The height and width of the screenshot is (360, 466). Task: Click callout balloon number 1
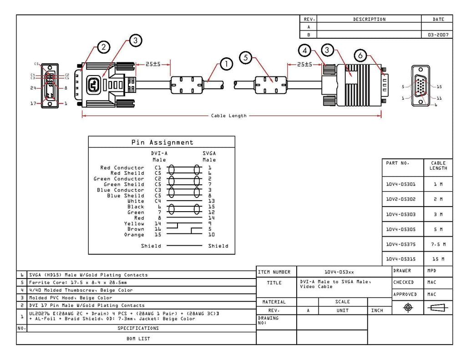coord(227,64)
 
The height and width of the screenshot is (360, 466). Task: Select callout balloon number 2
coord(103,47)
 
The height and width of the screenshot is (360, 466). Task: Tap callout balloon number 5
coord(246,57)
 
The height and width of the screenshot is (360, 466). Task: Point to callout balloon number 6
coord(360,55)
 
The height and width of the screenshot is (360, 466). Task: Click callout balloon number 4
coord(304,51)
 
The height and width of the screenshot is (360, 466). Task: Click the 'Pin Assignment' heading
coord(162,142)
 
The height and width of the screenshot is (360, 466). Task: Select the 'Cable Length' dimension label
coord(229,116)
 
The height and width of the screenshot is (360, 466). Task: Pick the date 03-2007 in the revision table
coord(438,35)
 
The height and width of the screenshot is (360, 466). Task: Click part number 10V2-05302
coord(400,199)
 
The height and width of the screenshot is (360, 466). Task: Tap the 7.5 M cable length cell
coord(438,244)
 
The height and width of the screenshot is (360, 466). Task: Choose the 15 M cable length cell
coord(438,259)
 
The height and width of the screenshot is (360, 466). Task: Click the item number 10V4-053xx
coord(339,272)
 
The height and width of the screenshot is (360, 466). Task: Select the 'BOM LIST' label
coord(138,339)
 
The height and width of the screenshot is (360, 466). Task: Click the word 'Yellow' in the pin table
coord(134,223)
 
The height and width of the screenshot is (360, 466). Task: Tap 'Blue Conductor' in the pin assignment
coord(120,190)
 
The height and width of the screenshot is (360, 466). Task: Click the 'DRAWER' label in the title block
coord(402,270)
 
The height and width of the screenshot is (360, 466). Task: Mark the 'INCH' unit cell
coord(377,310)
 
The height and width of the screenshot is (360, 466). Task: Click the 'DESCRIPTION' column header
coord(369,19)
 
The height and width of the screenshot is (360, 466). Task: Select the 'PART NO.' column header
coord(398,163)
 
